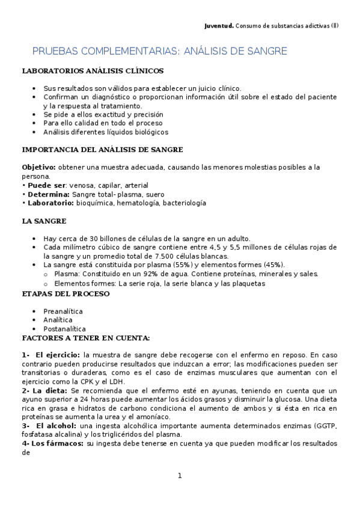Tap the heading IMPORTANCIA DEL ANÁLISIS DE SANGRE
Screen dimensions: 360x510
coord(102,149)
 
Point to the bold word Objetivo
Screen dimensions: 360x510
coord(38,167)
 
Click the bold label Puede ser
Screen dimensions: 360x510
coord(46,185)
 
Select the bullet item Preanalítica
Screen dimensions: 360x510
coord(63,311)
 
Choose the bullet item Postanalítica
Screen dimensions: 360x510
coord(65,329)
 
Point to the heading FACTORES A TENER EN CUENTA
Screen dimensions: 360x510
coord(85,339)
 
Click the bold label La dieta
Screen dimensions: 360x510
coord(47,391)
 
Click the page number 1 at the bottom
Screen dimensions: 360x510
coord(180,476)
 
